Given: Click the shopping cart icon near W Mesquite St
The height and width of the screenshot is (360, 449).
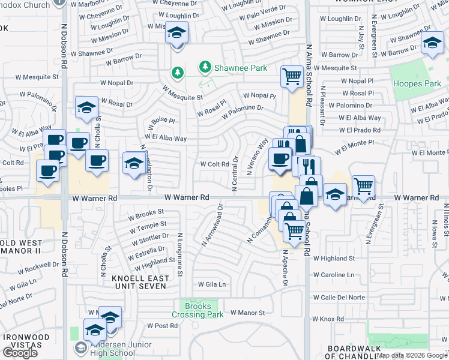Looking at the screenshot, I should tap(292, 76).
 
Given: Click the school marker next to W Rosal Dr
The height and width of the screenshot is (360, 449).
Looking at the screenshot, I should tap(86, 107).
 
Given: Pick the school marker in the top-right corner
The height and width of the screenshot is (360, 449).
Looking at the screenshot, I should tap(432, 43).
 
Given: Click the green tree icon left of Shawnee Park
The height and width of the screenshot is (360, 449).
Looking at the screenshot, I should tap(178, 73).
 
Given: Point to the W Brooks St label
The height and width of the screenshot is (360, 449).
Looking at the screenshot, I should tap(141, 213).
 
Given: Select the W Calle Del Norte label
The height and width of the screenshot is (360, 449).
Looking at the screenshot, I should tap(339, 298).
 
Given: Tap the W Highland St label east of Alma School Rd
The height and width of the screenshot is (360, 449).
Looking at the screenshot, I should tap(334, 259).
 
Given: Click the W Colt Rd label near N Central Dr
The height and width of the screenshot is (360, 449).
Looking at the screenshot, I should tap(214, 164).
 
